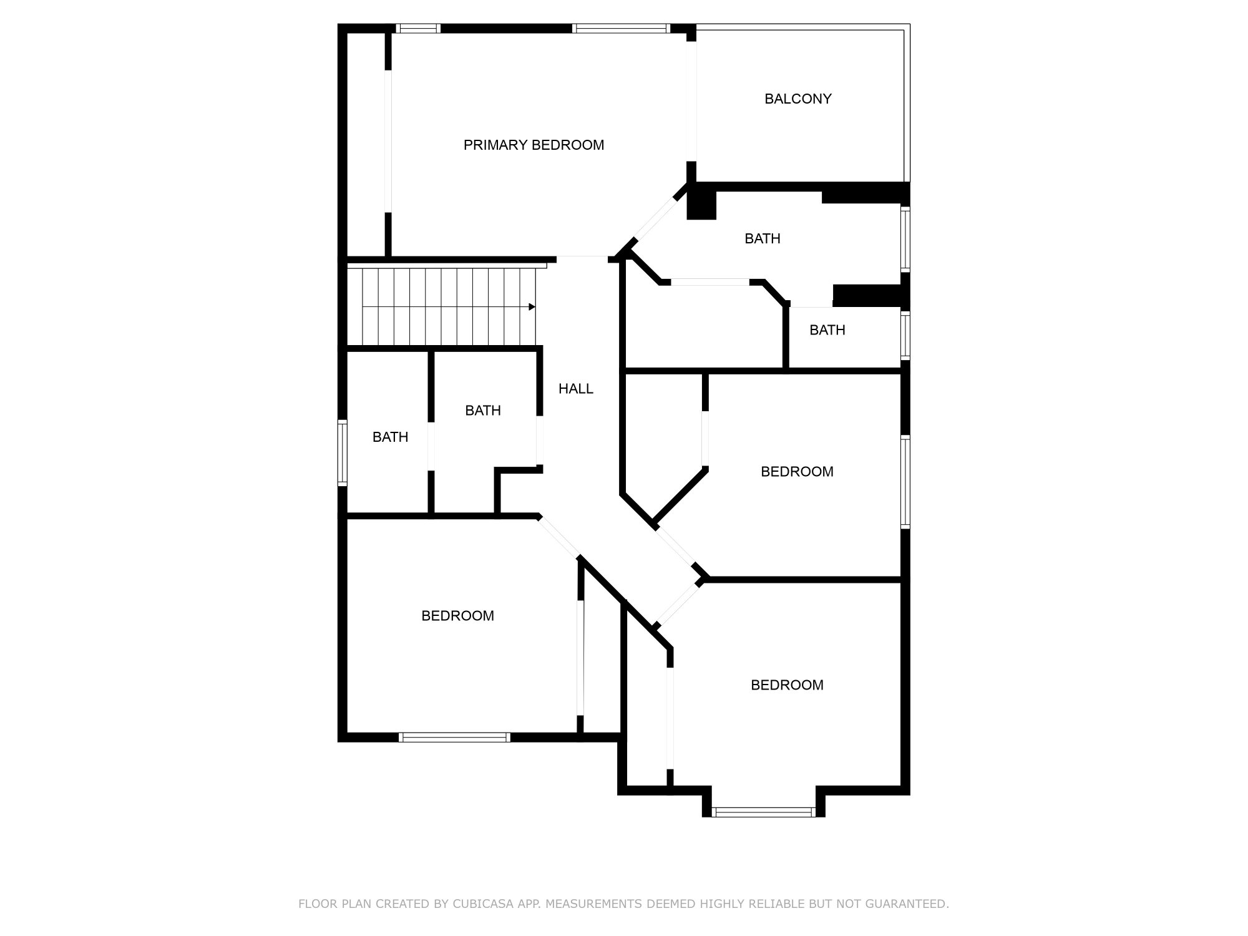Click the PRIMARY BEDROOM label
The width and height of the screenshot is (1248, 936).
(x=534, y=145)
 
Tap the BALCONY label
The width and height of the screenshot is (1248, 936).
(x=797, y=99)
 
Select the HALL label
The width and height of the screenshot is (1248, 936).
(x=575, y=389)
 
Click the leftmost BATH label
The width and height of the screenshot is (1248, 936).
(x=390, y=437)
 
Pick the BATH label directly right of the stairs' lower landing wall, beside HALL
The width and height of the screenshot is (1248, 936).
(x=482, y=410)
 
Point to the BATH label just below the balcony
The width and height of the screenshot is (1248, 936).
(x=762, y=238)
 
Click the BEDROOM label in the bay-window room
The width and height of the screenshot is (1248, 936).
(x=786, y=685)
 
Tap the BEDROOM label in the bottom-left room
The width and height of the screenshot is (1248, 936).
(x=457, y=616)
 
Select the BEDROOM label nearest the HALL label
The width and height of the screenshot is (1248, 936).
(x=797, y=472)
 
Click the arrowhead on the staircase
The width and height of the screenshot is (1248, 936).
(x=532, y=307)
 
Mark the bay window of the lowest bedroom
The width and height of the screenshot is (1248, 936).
(x=763, y=812)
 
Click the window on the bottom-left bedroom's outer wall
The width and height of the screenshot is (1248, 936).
(x=454, y=737)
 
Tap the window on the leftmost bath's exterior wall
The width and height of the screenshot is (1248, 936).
(x=342, y=452)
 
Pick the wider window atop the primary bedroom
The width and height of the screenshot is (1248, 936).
(x=620, y=28)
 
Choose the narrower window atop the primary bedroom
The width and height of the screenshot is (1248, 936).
(x=419, y=28)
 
